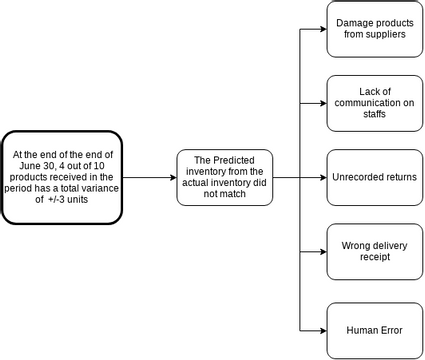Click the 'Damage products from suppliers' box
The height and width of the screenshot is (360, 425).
pos(375,28)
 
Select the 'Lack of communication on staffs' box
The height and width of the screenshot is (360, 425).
pos(375,103)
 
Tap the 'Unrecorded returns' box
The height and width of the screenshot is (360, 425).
pos(375,178)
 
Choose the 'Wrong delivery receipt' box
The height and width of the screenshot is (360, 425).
pos(375,251)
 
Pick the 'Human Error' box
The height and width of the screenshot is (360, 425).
pos(375,329)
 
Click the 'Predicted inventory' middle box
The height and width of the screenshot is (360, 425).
pos(225,178)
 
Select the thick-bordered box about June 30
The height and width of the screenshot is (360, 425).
pos(62,177)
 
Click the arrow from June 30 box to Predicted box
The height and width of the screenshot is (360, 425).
pos(149,178)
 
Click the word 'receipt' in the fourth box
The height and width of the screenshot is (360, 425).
pos(375,257)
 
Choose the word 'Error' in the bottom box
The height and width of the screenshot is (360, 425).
pos(391,329)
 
